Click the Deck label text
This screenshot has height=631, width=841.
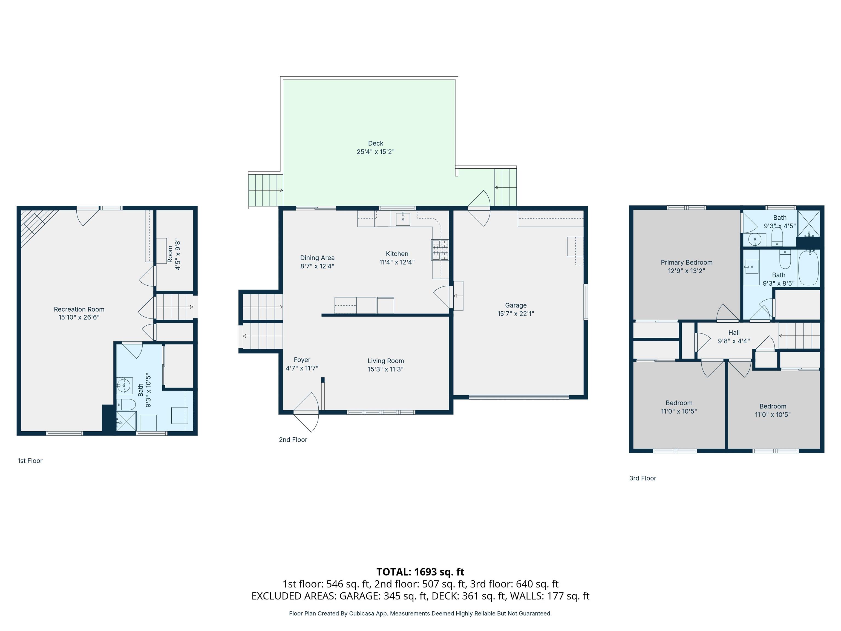(x=375, y=144)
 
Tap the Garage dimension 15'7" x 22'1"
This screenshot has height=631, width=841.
(x=515, y=314)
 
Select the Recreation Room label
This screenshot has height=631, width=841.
(x=79, y=309)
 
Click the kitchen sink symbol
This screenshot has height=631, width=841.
(x=403, y=219)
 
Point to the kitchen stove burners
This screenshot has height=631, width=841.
(x=439, y=250)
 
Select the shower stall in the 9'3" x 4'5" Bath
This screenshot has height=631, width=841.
(x=809, y=223)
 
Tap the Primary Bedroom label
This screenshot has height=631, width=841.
(x=686, y=262)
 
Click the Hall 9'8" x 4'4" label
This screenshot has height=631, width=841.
(x=733, y=337)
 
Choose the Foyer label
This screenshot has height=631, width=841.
(x=302, y=360)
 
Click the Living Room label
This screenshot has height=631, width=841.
(x=385, y=361)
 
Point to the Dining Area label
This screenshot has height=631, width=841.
(x=317, y=258)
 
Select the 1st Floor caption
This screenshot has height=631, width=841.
(x=30, y=461)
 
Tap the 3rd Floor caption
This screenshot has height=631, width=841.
(x=643, y=478)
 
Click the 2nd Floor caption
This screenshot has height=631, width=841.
(x=293, y=440)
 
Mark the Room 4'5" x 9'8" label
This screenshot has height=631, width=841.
(x=174, y=254)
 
